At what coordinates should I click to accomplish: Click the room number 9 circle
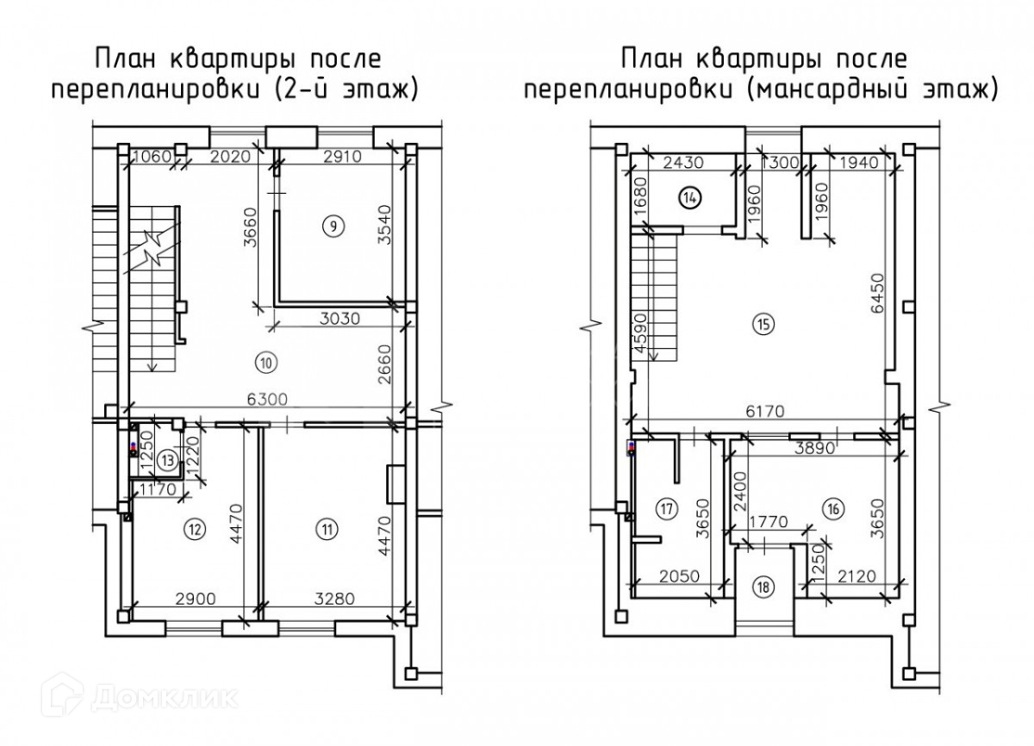click(333, 226)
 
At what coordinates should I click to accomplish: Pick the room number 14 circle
click(690, 196)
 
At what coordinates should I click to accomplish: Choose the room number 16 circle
click(832, 507)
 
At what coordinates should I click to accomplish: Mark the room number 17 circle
click(663, 507)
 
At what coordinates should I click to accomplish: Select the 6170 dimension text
click(766, 413)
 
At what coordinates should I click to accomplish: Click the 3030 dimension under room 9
click(333, 318)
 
